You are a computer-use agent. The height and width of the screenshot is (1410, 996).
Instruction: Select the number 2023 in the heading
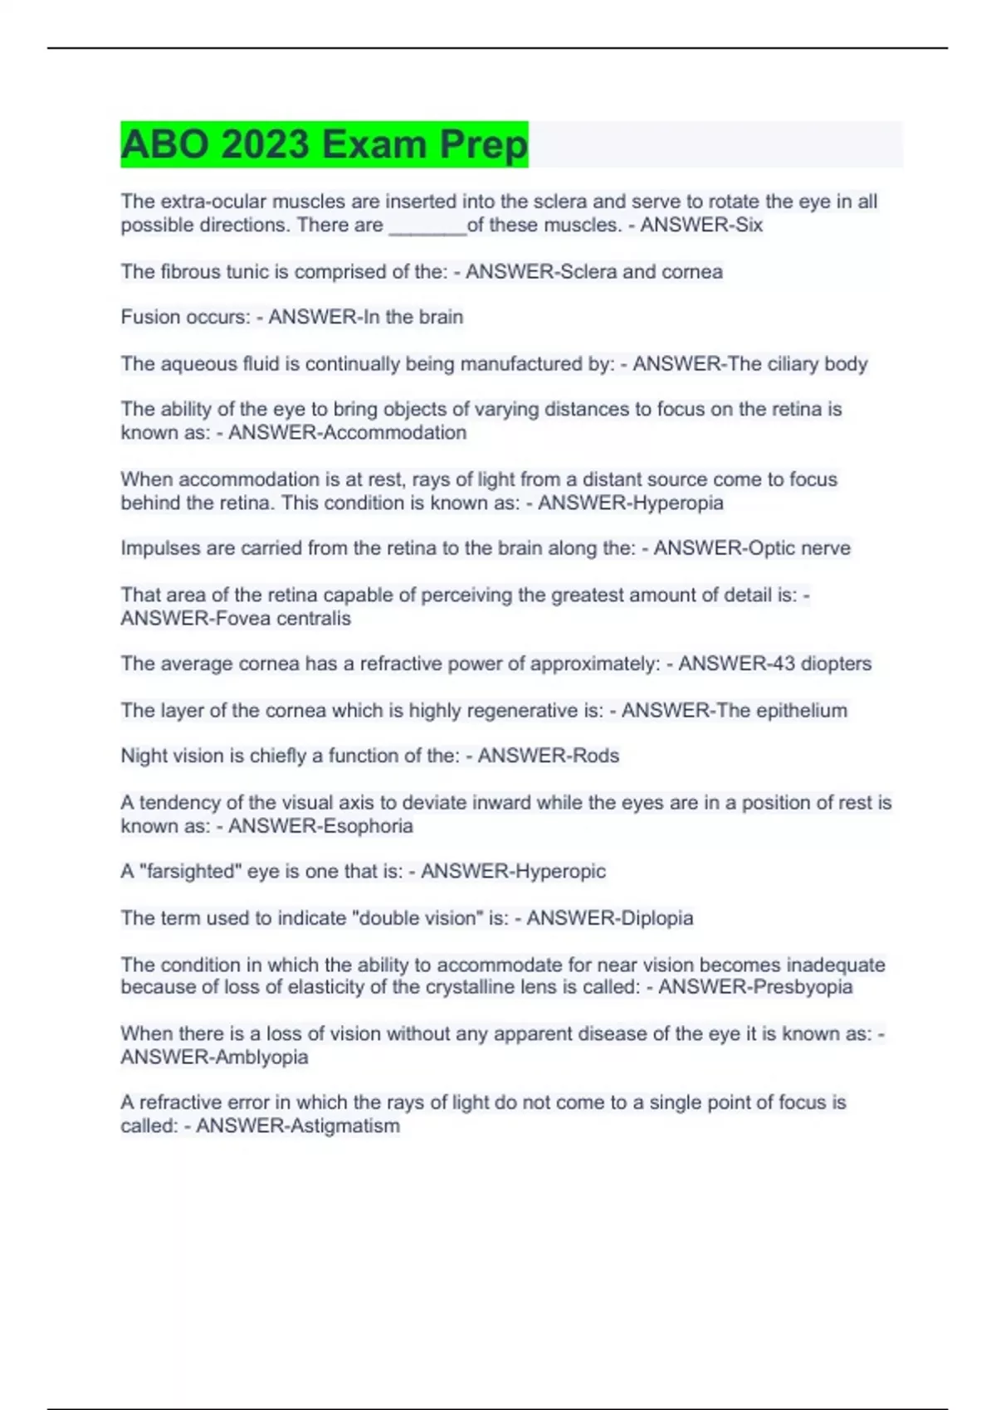266,144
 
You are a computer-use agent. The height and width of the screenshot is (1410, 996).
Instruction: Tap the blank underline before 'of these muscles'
427,226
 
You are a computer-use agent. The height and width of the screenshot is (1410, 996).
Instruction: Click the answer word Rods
596,756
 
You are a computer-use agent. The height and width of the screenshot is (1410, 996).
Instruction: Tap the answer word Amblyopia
261,1057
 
